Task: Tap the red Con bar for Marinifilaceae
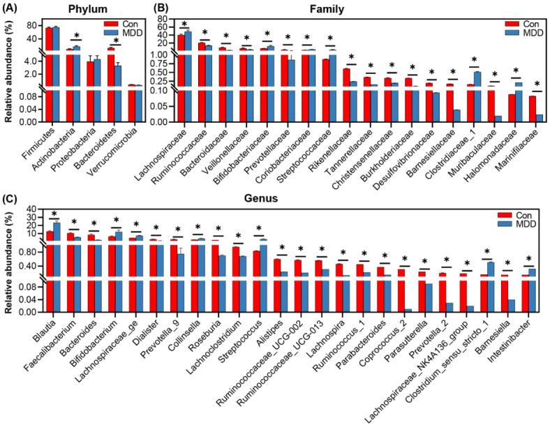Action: [x=533, y=108]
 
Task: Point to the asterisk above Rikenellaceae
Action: [x=351, y=58]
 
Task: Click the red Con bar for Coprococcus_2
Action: [x=401, y=290]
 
